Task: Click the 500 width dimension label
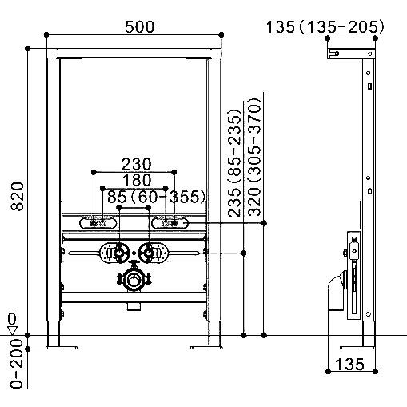(139, 27)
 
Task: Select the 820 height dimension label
(18, 197)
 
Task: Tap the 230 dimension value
(136, 164)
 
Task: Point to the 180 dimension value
(137, 180)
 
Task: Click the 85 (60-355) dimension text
(157, 197)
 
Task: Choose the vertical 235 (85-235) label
(234, 162)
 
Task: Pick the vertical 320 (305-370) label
(254, 157)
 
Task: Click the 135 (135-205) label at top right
(325, 27)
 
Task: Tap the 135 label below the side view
(349, 365)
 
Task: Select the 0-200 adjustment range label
(17, 363)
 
